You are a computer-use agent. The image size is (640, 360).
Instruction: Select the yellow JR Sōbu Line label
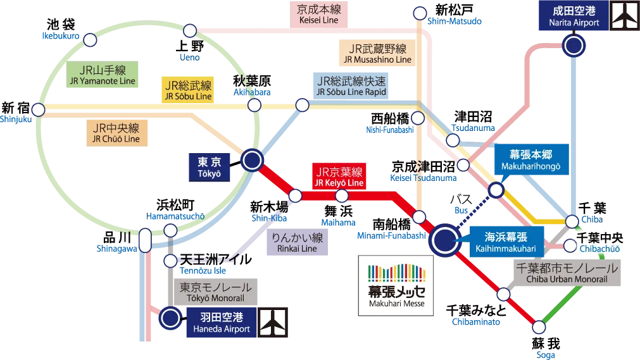pos(188,90)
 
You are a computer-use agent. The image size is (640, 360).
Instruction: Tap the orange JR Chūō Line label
pos(118,132)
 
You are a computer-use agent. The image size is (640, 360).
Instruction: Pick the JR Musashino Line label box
pos(375,54)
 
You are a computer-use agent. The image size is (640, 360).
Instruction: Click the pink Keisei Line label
pos(318,15)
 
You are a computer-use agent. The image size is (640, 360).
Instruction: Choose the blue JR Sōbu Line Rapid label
pos(351,86)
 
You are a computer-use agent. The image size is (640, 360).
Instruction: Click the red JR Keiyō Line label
pos(340,177)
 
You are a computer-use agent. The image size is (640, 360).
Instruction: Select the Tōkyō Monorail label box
pos(216,292)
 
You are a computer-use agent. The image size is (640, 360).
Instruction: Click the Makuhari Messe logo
pos(396,285)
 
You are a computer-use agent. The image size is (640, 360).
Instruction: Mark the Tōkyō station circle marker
pos(252,160)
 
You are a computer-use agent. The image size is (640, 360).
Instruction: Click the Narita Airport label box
pos(574,16)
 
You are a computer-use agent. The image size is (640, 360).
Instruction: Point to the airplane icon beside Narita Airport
pos(625,16)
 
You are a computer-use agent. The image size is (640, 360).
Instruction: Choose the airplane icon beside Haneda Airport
pos(273,321)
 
